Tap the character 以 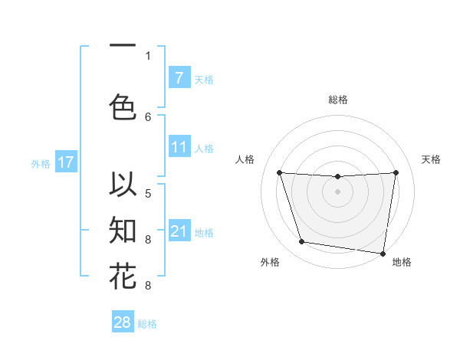tap(123, 185)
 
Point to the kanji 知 tap(123, 230)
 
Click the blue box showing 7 tap(179, 78)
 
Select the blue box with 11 tap(179, 146)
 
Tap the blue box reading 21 tap(179, 231)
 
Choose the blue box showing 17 tap(65, 162)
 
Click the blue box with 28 tap(123, 323)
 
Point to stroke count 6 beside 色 tap(148, 116)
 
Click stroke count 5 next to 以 tap(148, 193)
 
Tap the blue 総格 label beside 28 tap(147, 324)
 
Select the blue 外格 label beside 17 tap(41, 163)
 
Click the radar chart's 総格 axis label tap(338, 100)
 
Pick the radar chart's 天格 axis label tap(432, 159)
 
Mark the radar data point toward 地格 tap(383, 253)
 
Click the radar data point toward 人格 tap(279, 172)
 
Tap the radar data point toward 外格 tap(301, 242)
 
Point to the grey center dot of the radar tap(338, 191)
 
